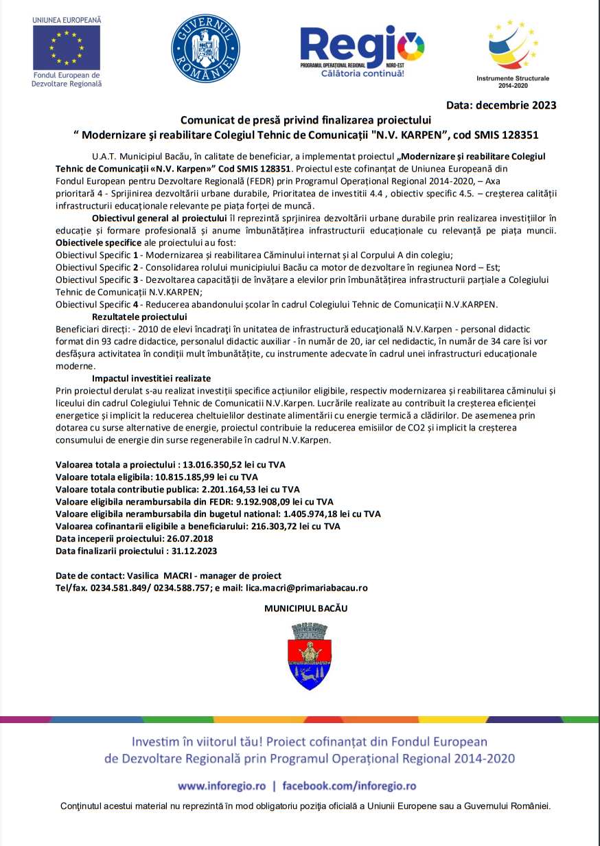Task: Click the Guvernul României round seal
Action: [205, 49]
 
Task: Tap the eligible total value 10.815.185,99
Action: [194, 477]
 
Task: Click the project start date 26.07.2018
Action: [185, 539]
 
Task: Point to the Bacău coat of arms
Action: [310, 656]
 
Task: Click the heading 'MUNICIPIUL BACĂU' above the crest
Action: [306, 609]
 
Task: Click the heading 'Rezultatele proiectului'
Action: [139, 317]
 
